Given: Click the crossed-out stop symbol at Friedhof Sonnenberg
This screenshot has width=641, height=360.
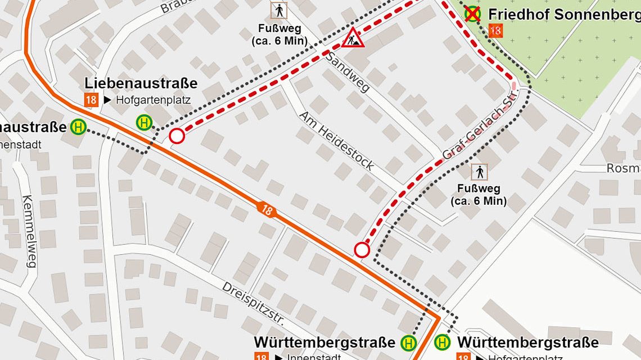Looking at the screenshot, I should coord(473,13).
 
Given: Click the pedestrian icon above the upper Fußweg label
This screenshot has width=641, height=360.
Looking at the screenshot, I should coord(278,10).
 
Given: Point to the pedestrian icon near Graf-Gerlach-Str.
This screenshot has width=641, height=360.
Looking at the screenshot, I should coord(480,172).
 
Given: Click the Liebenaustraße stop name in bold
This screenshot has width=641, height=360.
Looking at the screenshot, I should coord(141,83).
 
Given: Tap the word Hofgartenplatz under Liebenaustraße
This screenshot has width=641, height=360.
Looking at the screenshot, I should coord(153,101).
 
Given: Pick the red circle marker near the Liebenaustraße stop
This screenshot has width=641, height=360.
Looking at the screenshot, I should coord(177,136).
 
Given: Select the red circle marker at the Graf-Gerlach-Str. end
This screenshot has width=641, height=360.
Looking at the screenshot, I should coord(362,250).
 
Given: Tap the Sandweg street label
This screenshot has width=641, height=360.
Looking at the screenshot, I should coord(347,72).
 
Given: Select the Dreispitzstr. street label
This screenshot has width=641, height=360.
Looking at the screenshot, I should coord(254,303).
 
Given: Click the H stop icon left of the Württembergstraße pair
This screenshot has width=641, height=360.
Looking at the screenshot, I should coord(408,342).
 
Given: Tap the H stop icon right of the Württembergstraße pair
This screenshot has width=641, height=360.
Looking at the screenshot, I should coord(443,341).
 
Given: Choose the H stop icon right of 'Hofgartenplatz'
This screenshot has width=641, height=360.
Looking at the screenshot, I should coord(145,122).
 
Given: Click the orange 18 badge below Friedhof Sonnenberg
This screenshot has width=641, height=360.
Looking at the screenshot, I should coord(495,31).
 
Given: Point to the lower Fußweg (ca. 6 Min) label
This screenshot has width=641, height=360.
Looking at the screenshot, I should coord(479,195).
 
